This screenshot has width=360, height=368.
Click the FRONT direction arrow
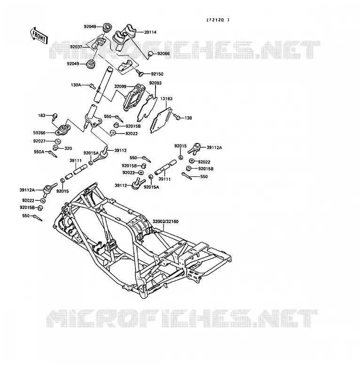(39, 36)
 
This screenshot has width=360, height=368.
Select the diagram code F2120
(218, 20)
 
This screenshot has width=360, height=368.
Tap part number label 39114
(150, 32)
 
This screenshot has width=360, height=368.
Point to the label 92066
(164, 54)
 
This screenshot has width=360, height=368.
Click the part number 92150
(157, 74)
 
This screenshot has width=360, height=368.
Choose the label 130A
(76, 85)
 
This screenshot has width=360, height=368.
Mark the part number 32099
(120, 87)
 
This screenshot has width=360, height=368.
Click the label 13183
(166, 98)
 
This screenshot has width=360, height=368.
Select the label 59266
(39, 133)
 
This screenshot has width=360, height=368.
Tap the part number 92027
(39, 141)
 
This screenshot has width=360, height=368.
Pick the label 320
(68, 148)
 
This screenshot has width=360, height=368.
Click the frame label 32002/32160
(165, 221)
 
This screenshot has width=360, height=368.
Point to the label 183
(41, 115)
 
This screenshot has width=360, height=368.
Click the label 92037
(76, 47)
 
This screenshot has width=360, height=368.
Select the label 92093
(156, 83)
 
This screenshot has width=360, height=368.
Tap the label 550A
(39, 152)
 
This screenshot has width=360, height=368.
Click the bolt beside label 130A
(92, 86)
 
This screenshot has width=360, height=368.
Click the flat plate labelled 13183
(161, 120)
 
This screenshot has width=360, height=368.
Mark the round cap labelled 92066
(150, 54)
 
